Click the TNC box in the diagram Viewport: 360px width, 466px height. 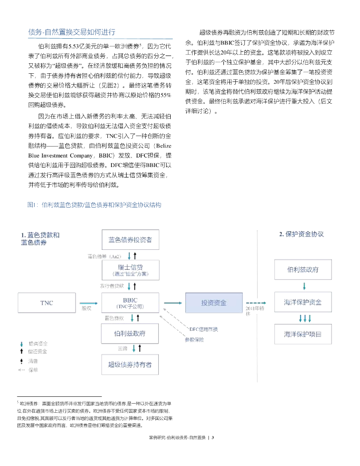click(x=46, y=303)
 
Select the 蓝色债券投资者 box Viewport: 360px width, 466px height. click(x=130, y=239)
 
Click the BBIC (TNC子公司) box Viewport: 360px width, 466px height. click(x=130, y=303)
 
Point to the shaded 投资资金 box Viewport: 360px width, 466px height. click(x=214, y=303)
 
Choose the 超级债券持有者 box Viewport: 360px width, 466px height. click(x=130, y=364)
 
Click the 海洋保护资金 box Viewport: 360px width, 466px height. click(x=303, y=303)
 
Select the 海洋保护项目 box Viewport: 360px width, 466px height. click(x=303, y=334)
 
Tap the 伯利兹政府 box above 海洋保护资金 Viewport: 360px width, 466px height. click(x=303, y=270)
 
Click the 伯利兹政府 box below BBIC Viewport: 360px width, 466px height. click(x=130, y=334)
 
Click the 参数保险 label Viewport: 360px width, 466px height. click(x=194, y=339)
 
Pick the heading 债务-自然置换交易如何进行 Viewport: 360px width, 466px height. click(x=72, y=32)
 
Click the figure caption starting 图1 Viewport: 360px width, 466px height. click(x=95, y=205)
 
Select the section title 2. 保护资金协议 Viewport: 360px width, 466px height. click(x=301, y=234)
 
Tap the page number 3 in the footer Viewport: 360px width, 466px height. click(x=213, y=438)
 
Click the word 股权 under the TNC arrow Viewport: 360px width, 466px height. click(x=87, y=308)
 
